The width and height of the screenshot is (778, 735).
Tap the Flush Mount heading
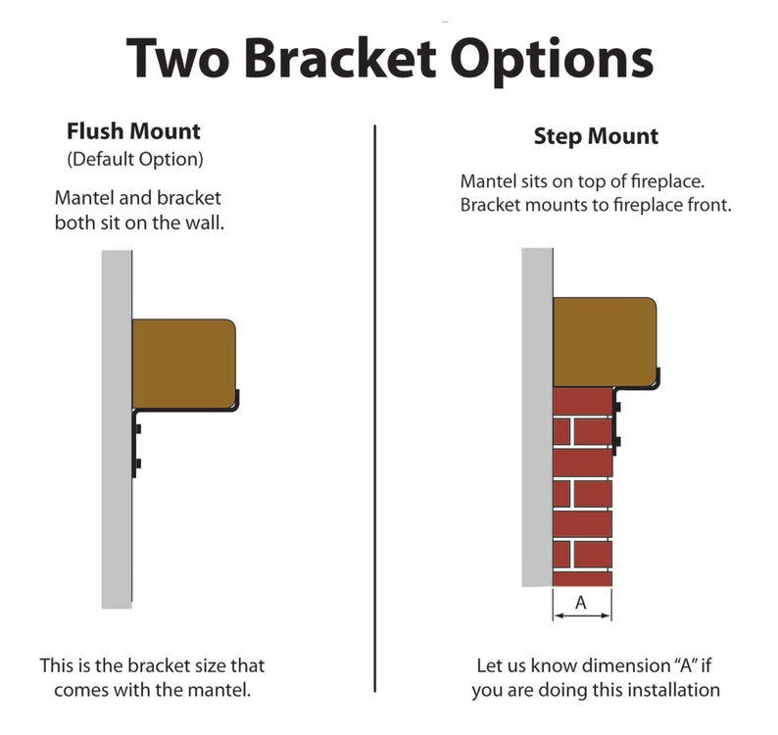(133, 131)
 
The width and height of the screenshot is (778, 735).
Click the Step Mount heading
(596, 136)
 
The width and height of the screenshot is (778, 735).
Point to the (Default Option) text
(134, 158)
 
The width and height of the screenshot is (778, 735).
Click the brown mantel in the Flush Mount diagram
(183, 363)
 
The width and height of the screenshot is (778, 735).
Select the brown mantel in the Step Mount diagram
(604, 342)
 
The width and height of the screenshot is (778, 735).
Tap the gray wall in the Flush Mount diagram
(117, 510)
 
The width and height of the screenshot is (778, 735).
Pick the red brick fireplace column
(582, 490)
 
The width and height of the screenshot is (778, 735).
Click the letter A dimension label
(580, 604)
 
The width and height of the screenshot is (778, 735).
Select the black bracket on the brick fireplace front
(617, 421)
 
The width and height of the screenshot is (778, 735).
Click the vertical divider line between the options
(376, 392)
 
